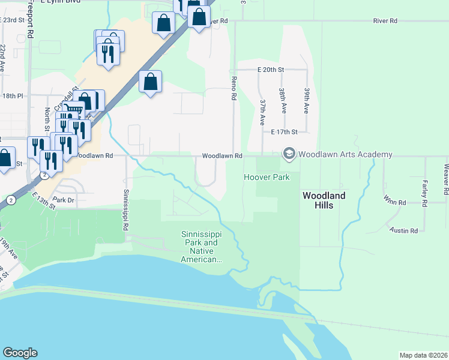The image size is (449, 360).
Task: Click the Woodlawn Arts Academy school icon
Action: click(x=289, y=154)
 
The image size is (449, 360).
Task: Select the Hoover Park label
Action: click(x=267, y=177)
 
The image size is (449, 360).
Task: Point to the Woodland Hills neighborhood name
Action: click(x=324, y=200)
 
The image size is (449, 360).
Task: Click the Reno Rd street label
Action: click(x=235, y=88)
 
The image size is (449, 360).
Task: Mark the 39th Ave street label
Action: click(x=306, y=100)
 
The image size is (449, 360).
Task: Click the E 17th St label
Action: click(x=284, y=131)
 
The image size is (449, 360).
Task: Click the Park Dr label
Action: click(x=63, y=199)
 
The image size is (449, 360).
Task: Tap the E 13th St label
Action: click(x=44, y=200)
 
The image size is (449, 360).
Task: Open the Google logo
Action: click(x=20, y=353)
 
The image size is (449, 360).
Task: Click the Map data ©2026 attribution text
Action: click(x=423, y=355)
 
